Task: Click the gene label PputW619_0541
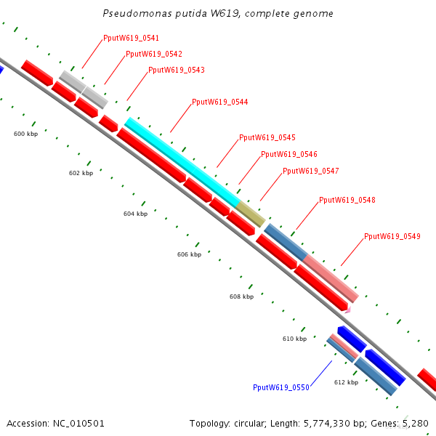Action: pyautogui.click(x=132, y=38)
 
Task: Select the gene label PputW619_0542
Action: pyautogui.click(x=154, y=54)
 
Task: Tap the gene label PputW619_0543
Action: pyautogui.click(x=177, y=70)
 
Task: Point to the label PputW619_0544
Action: pyautogui.click(x=220, y=102)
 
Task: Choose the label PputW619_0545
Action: pyautogui.click(x=267, y=138)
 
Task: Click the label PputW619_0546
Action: pyautogui.click(x=289, y=155)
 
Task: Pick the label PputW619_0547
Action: pyautogui.click(x=311, y=171)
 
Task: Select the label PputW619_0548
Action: pyautogui.click(x=347, y=201)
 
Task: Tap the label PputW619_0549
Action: pyautogui.click(x=392, y=237)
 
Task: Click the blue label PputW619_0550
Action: pyautogui.click(x=281, y=388)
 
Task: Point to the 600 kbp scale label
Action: pyautogui.click(x=25, y=134)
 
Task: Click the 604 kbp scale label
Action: pyautogui.click(x=135, y=214)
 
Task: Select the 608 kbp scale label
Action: pyautogui.click(x=242, y=297)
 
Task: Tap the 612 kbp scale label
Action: pyautogui.click(x=346, y=382)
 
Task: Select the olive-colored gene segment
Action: pyautogui.click(x=251, y=215)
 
